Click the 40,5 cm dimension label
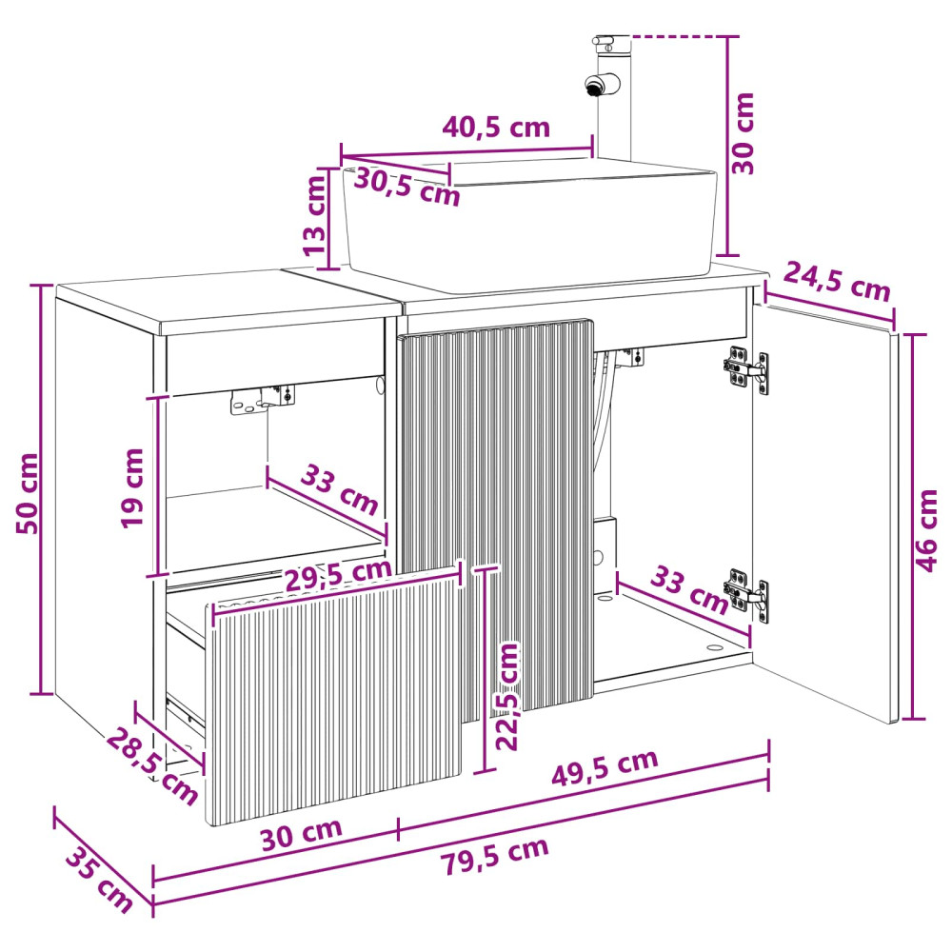[495, 127]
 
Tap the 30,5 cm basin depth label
[407, 187]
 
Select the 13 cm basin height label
[314, 215]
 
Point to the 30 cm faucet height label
[743, 133]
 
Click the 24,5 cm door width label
[836, 281]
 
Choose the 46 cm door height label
[926, 530]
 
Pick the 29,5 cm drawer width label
[338, 574]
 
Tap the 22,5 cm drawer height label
[507, 696]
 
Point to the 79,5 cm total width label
[494, 855]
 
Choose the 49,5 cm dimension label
[605, 766]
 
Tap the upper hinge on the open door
[746, 369]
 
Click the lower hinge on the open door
[746, 594]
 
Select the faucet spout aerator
[592, 87]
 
